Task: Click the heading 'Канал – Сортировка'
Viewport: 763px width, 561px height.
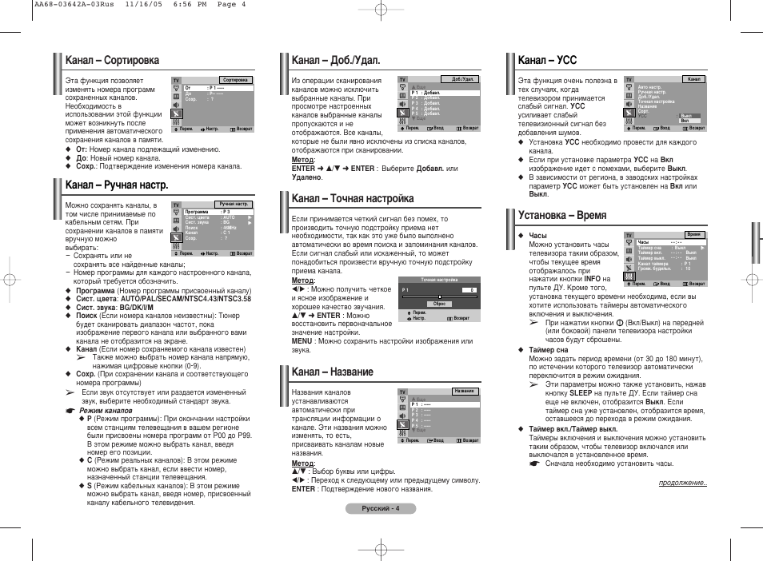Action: (112, 60)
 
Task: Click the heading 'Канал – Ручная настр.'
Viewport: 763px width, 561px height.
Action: (117, 185)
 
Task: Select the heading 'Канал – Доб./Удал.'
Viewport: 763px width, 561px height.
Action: (335, 60)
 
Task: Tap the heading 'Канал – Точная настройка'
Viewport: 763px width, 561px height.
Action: (353, 197)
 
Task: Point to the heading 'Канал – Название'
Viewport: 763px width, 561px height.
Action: (332, 372)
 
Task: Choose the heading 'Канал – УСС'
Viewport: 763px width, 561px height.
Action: (547, 60)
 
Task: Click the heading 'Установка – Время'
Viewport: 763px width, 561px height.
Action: (562, 215)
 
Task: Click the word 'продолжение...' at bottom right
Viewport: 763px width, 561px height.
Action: (683, 483)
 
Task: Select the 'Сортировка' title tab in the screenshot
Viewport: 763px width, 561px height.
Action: (236, 80)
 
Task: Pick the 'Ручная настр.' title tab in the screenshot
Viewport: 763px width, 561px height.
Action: (234, 205)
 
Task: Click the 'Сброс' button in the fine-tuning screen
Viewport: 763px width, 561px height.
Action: (439, 304)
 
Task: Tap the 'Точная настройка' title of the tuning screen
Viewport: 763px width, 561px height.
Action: (439, 280)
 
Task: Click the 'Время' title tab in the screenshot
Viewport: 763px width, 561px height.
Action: (693, 235)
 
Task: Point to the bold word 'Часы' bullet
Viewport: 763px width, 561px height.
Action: (537, 236)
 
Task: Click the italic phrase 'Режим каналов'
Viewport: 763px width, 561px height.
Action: (106, 410)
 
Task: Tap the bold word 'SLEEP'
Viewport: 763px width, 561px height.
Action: (581, 394)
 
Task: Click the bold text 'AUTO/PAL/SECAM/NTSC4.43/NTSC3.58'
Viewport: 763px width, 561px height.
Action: (186, 299)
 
